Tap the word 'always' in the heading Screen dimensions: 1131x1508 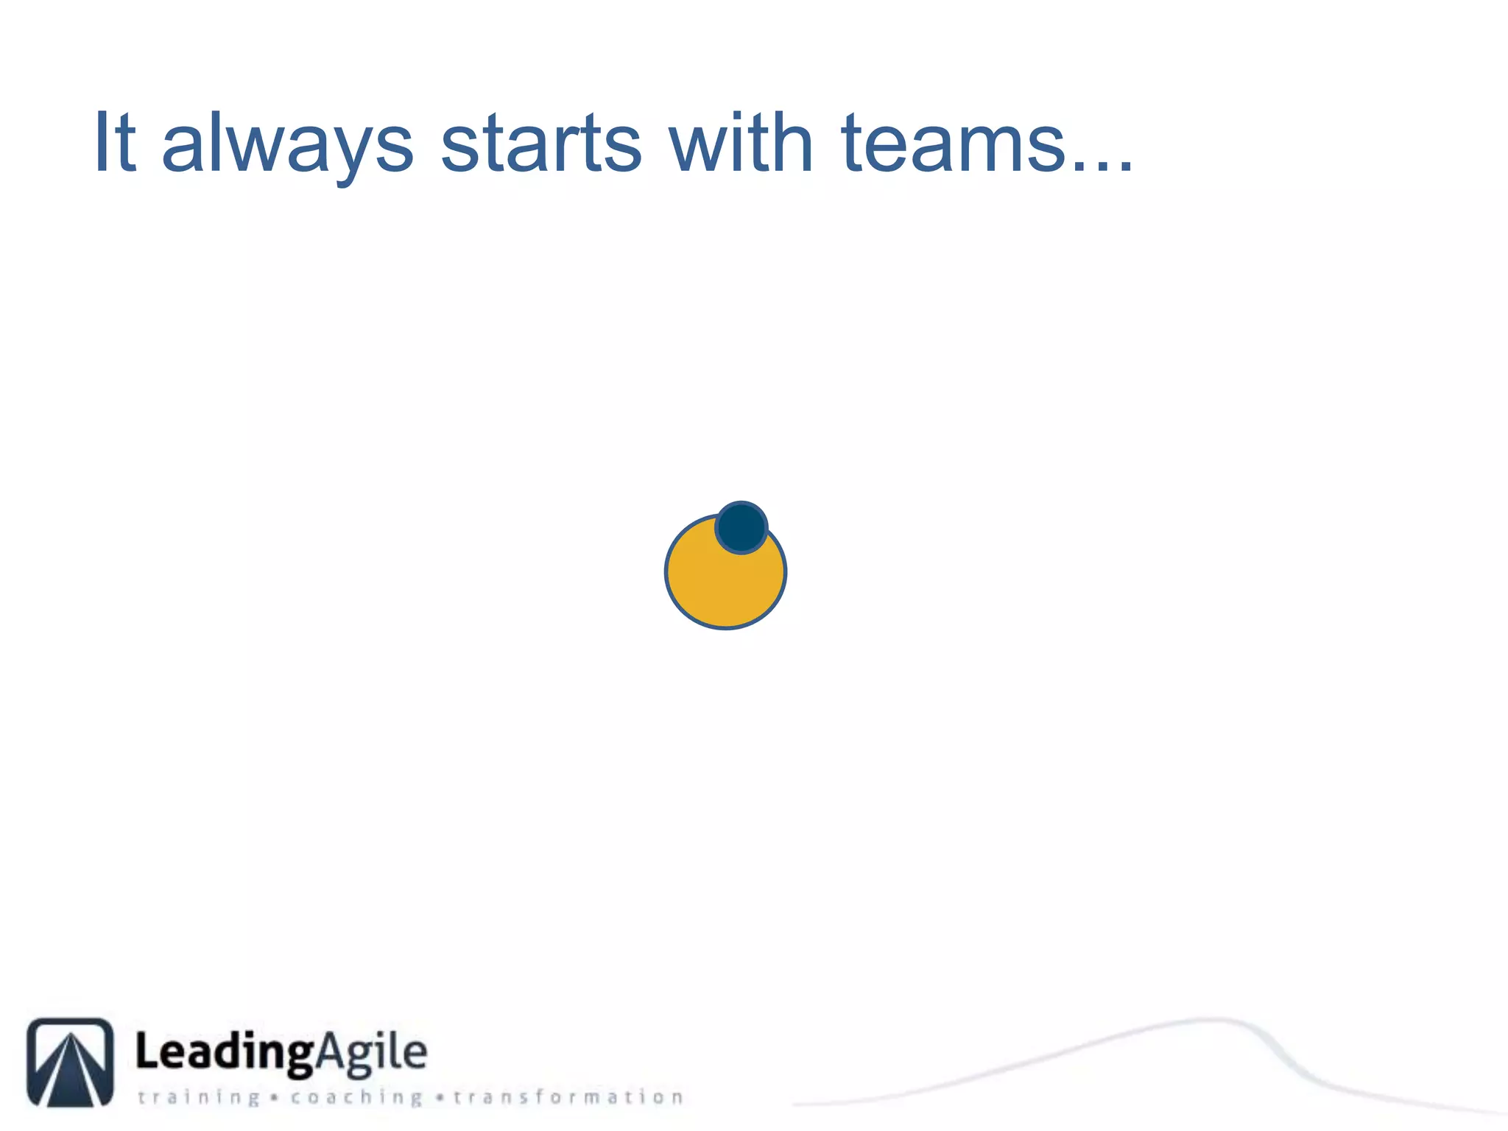287,145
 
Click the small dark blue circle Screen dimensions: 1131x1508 741,527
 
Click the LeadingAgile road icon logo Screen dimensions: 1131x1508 71,1063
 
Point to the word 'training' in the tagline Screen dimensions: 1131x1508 199,1097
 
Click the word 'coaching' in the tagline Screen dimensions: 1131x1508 356,1097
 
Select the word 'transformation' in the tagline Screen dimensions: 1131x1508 568,1097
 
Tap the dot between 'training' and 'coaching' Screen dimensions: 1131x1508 274,1098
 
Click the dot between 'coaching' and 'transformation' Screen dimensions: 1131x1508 440,1098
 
